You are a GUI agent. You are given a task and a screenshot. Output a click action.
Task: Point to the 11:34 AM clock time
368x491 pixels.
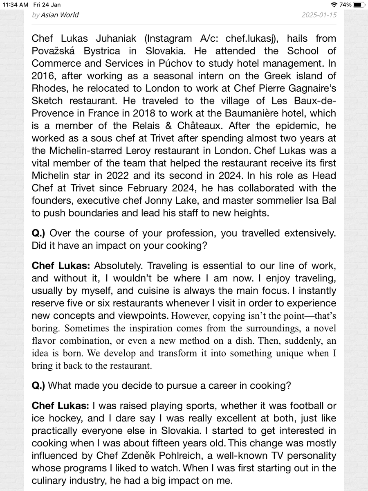16,5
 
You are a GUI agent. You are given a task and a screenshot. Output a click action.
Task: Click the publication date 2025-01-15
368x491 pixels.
319,15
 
